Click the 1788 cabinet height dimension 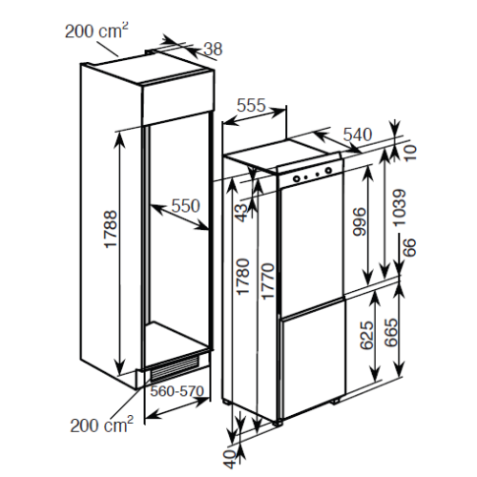111,228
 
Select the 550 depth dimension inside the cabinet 186,205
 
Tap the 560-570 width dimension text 176,391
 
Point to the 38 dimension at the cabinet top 213,49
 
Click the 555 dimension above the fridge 251,105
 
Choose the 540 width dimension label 358,135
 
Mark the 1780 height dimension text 243,277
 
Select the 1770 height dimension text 267,281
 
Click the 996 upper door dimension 360,221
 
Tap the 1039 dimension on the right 400,208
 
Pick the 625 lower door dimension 367,336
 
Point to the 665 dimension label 391,332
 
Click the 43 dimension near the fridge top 241,213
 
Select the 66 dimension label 409,247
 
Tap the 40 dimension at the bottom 230,459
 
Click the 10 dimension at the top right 409,153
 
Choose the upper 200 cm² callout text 96,31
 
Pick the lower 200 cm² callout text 102,425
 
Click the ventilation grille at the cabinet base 175,369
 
